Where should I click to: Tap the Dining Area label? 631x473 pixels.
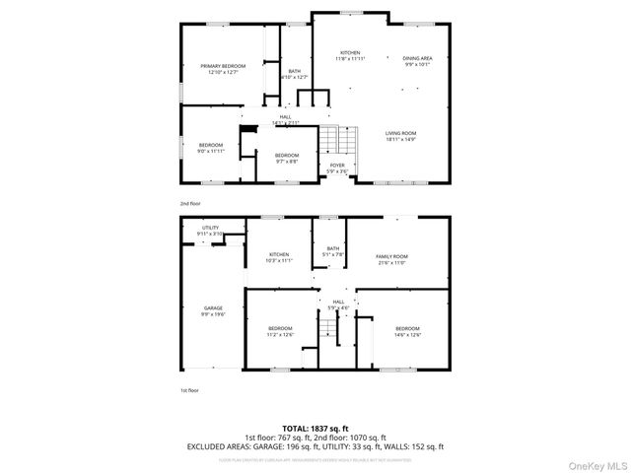tap(418, 59)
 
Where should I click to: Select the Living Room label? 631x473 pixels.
tap(400, 133)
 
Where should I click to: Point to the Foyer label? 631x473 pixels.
tap(337, 165)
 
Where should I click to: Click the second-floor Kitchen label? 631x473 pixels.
tap(350, 52)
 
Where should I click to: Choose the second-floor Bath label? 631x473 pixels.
tap(295, 70)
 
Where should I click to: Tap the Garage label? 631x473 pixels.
tap(213, 307)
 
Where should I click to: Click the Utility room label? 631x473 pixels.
tap(211, 228)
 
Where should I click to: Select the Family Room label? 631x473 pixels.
tap(391, 256)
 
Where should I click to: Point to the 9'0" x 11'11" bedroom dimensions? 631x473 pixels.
tap(212, 152)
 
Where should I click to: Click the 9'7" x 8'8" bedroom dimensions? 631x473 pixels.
tap(287, 162)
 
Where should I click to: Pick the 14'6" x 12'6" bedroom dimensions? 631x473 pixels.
tap(407, 335)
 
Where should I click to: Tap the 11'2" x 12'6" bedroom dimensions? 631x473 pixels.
tap(281, 335)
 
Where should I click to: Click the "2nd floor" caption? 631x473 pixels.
tap(189, 203)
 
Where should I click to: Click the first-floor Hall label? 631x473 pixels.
tap(338, 302)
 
